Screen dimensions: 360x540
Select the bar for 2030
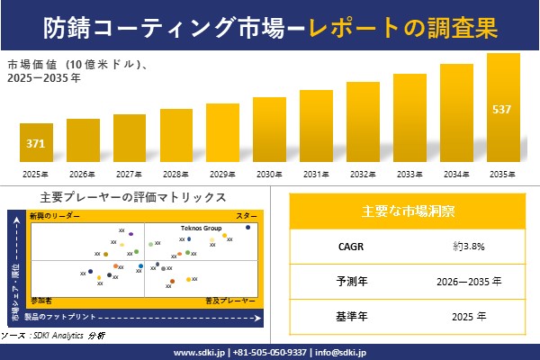269,130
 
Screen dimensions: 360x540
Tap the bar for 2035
503,108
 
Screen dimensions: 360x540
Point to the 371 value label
36,144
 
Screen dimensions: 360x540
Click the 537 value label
503,110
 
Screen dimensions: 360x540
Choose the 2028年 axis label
175,174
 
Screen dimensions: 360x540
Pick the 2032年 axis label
363,174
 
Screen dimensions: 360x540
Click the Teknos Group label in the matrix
202,229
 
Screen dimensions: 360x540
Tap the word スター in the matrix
247,216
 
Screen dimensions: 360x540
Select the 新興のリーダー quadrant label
55,216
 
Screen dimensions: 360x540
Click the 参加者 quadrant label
41,298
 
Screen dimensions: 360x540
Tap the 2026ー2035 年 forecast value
469,280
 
